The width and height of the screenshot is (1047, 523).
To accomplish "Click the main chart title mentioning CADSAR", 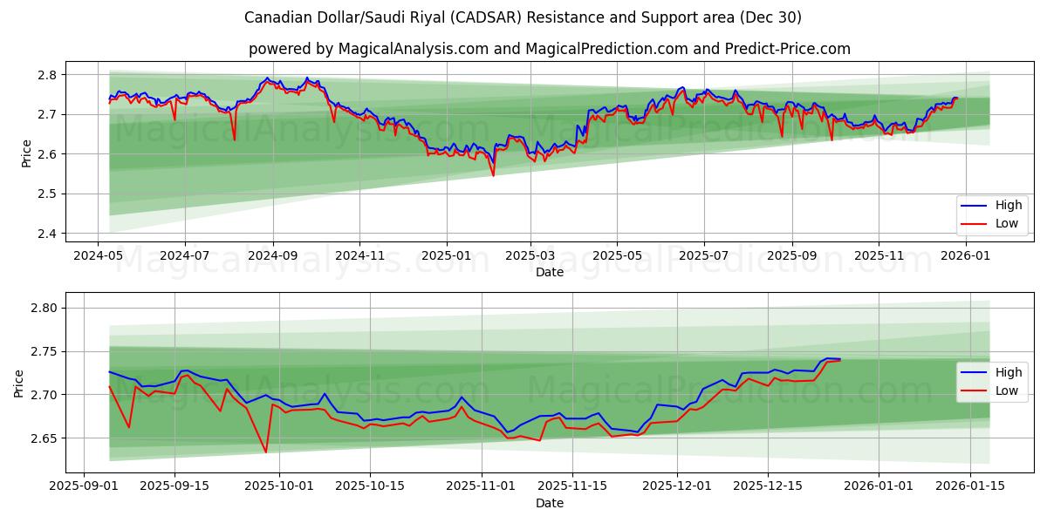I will (x=523, y=17).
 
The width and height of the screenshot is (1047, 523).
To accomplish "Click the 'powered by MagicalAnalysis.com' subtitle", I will (x=549, y=49).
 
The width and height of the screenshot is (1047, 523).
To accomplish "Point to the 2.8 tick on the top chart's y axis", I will (x=47, y=75).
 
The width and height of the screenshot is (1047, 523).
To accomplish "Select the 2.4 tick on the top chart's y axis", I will (x=47, y=234).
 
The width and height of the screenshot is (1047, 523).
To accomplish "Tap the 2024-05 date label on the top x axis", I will (x=97, y=257).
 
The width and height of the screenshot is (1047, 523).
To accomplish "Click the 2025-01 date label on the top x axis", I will (x=446, y=257).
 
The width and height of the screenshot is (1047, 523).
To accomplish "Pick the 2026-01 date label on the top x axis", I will (x=966, y=257).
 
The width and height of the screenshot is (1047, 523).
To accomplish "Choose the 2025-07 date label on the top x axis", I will (x=703, y=257).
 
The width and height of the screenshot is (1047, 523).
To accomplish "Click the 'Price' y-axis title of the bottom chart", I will (x=19, y=383).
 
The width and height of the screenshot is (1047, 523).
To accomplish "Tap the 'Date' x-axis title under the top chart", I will (x=550, y=272).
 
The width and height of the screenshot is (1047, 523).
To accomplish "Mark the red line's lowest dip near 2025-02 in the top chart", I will (x=493, y=175).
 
